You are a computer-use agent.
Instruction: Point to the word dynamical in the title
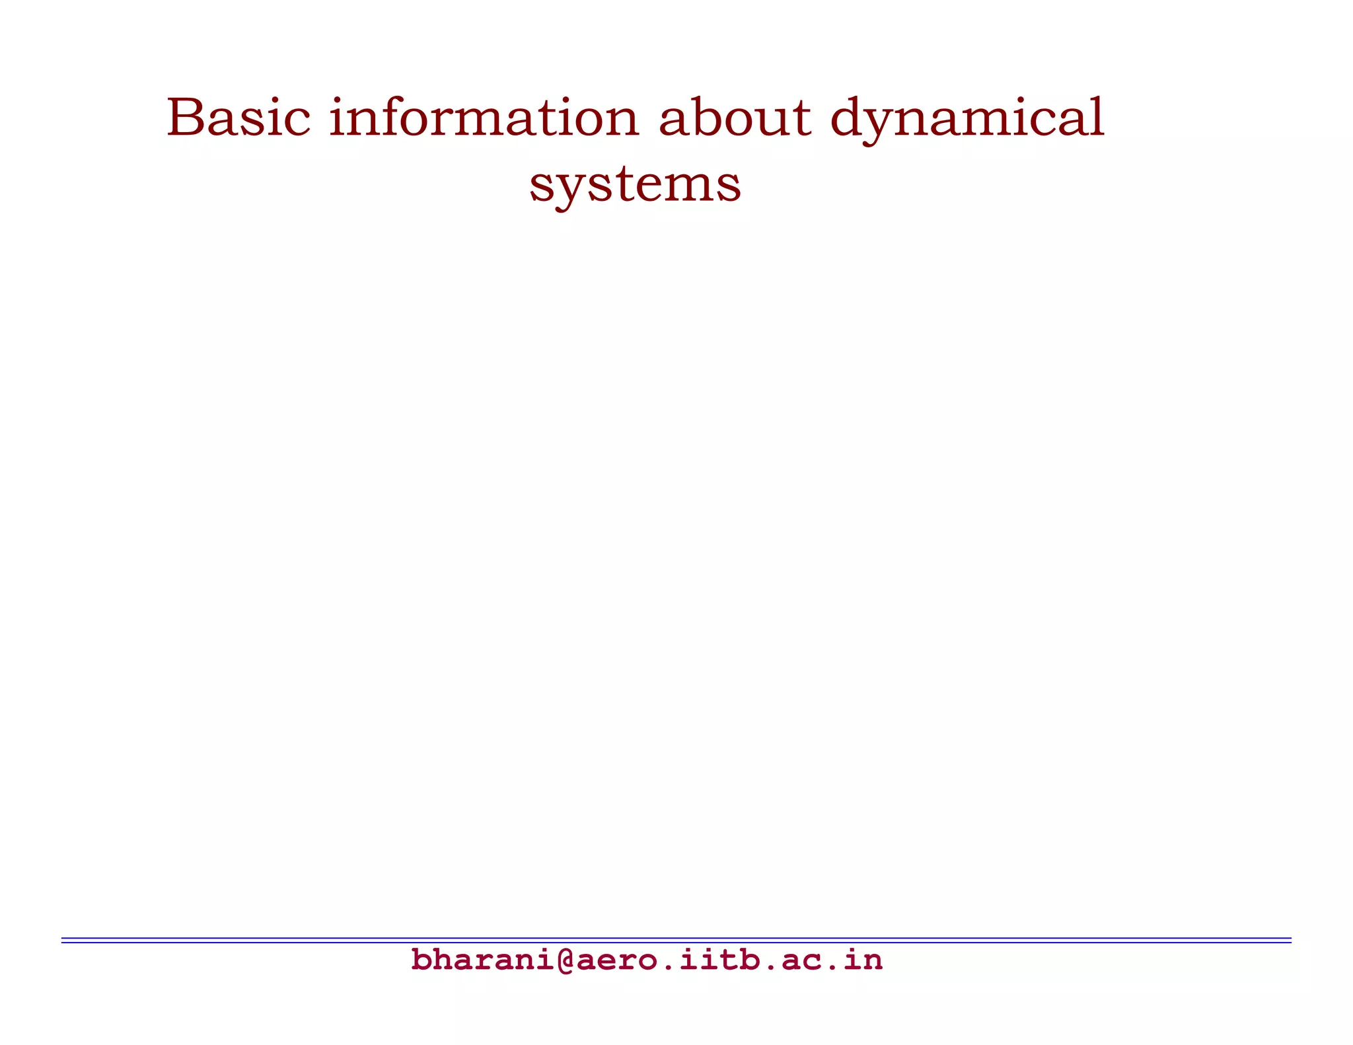(967, 119)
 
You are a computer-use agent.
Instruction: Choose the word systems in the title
(635, 184)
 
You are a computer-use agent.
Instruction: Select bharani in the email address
(484, 960)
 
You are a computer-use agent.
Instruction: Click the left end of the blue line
(63, 940)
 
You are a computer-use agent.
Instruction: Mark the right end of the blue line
(1290, 940)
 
